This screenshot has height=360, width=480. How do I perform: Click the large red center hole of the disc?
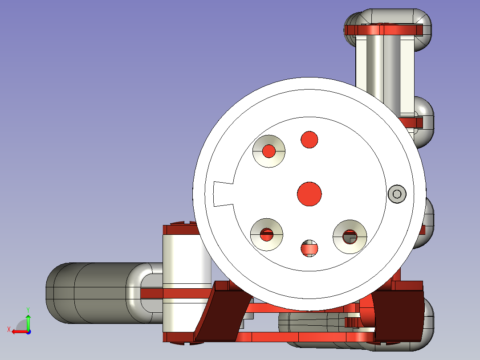(309, 194)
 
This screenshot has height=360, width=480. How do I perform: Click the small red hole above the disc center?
(309, 140)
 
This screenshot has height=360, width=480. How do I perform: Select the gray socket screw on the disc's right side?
(397, 194)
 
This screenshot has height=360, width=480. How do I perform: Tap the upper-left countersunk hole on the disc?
(269, 151)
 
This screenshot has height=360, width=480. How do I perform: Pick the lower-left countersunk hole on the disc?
(267, 235)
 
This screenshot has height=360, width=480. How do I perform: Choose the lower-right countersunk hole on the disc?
(350, 237)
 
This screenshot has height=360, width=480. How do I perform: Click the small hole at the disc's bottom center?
(309, 248)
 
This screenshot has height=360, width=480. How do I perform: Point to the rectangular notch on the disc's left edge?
(223, 194)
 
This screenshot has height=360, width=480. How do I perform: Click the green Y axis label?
(28, 310)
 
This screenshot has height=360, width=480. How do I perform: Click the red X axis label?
(9, 330)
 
